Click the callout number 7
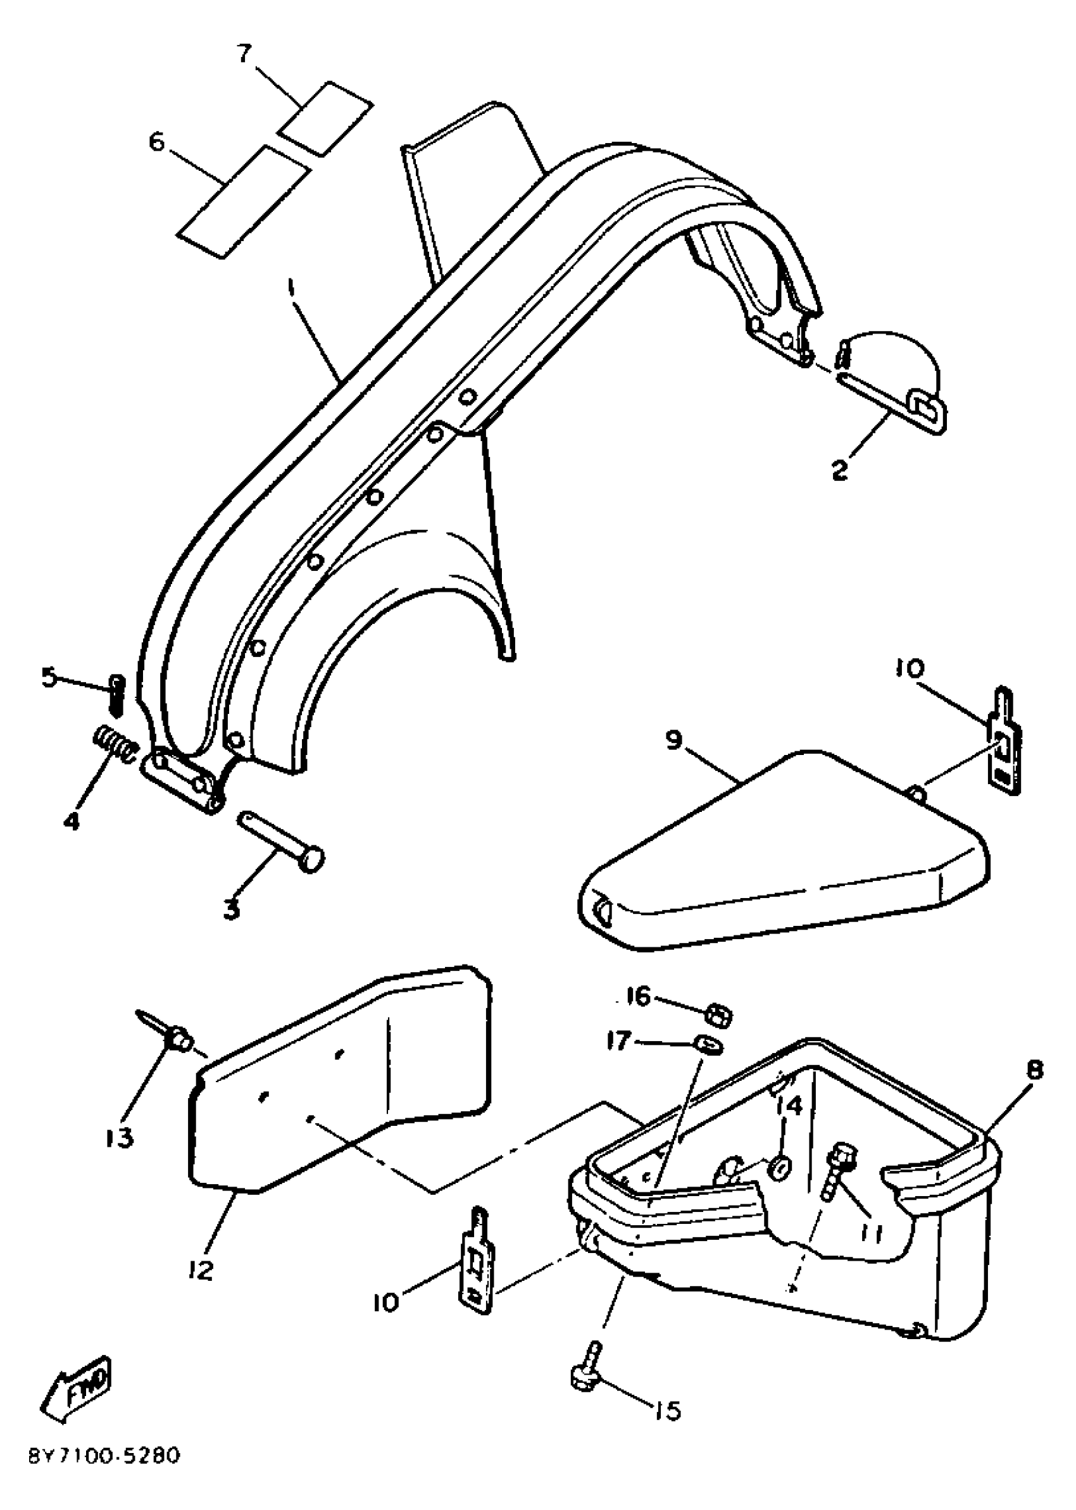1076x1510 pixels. pos(244,53)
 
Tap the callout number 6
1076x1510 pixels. pos(156,141)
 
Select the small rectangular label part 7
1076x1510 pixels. pos(325,119)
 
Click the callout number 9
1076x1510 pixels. pos(674,740)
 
